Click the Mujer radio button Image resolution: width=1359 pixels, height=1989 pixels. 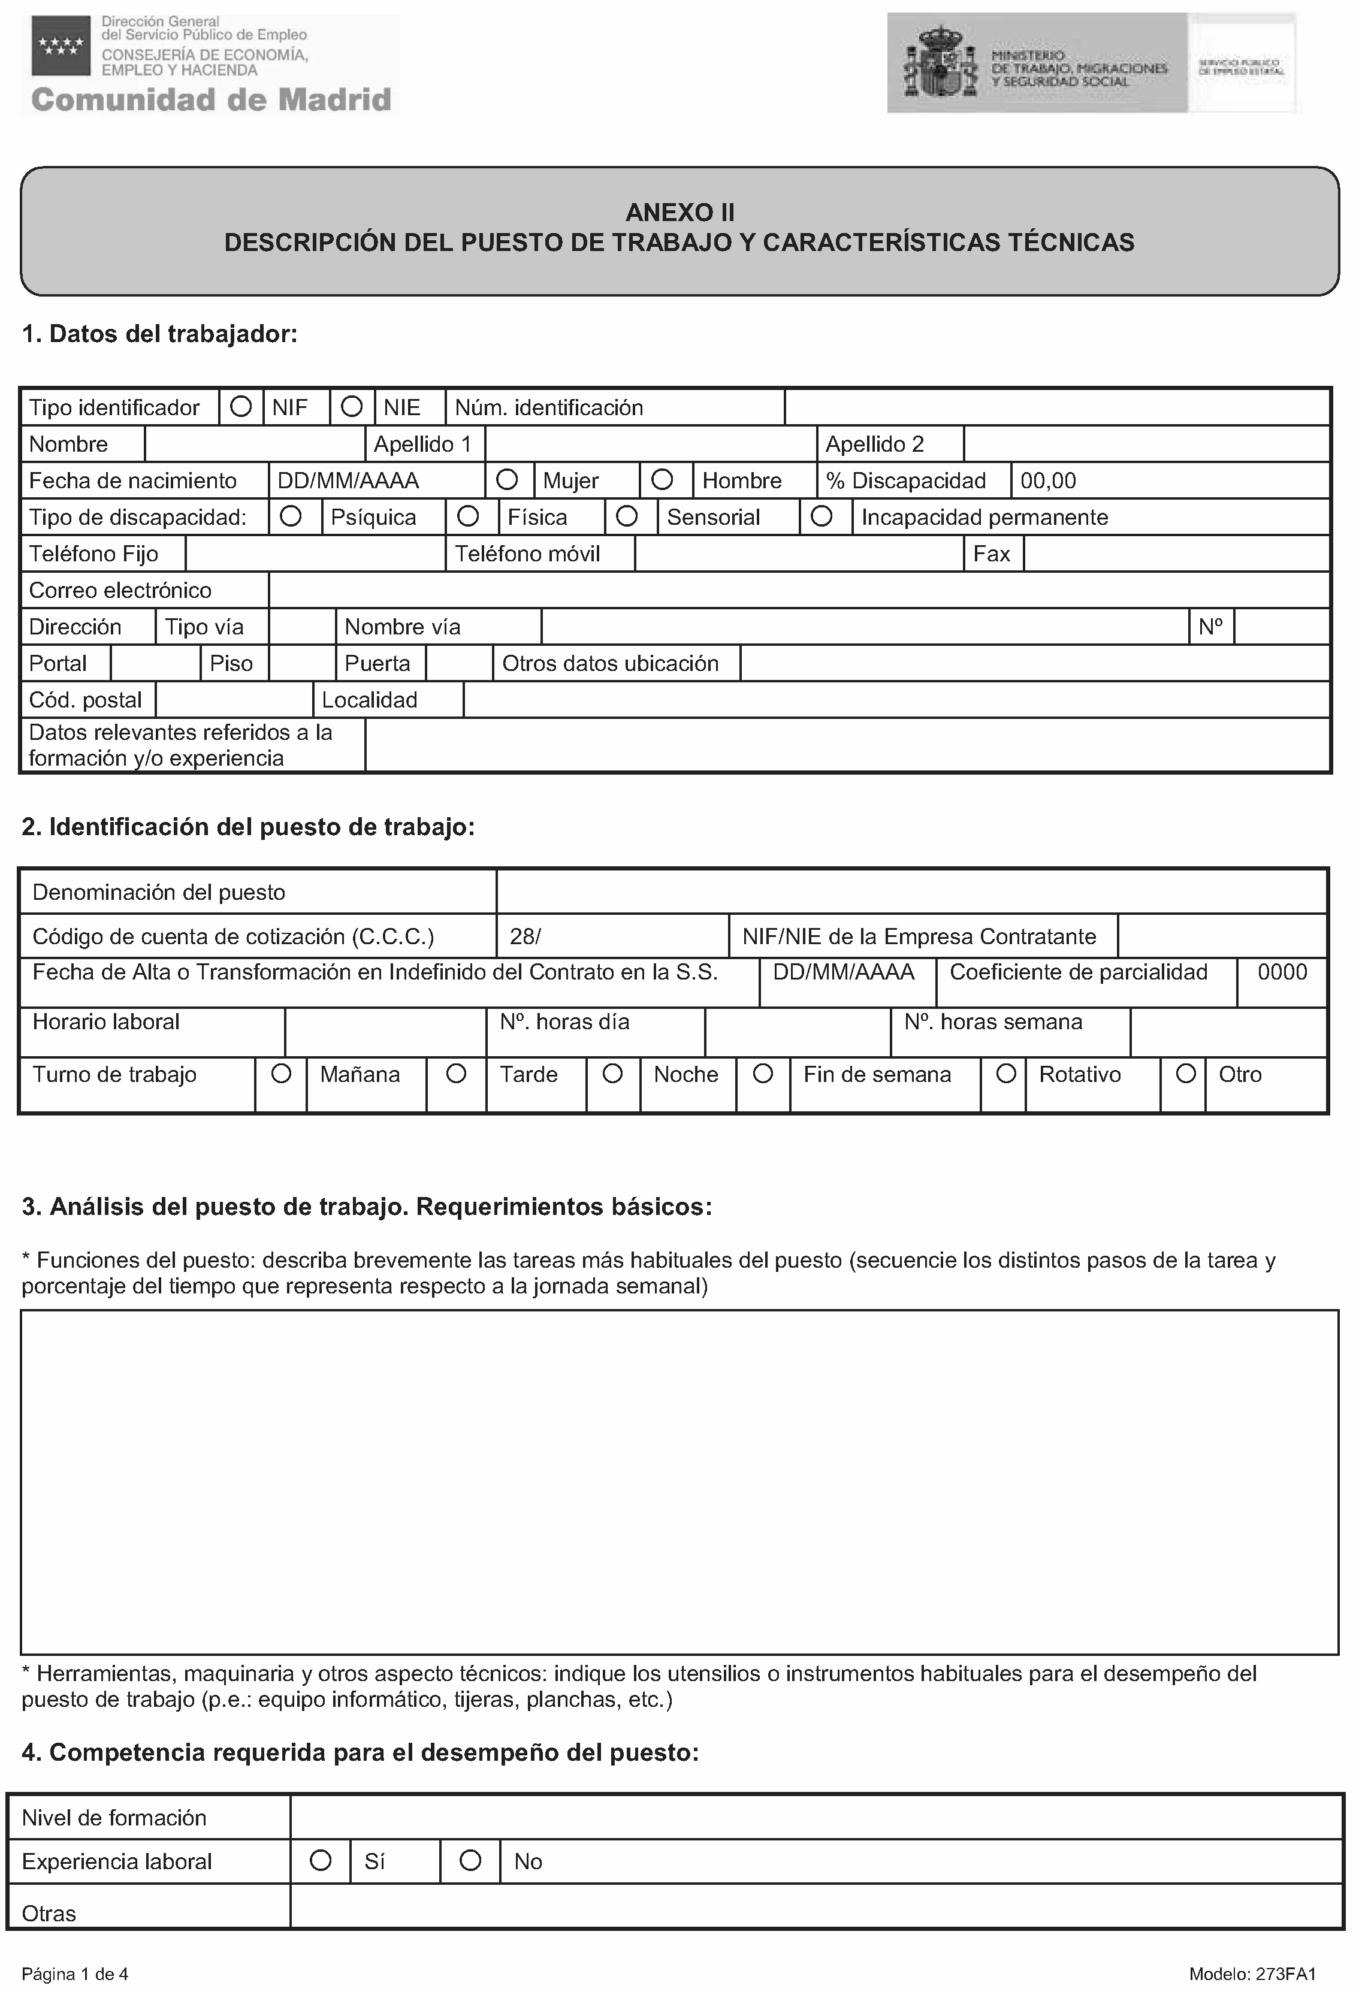(x=508, y=479)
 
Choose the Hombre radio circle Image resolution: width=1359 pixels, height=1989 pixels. (x=662, y=479)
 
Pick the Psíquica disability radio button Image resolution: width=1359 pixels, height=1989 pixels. (x=291, y=516)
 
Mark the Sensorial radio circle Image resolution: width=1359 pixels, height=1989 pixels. (x=627, y=516)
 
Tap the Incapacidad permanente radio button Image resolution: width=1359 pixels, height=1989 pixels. (x=822, y=516)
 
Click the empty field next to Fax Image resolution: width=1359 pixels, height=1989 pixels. (x=1176, y=554)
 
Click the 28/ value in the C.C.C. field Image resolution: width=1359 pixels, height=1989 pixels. (x=526, y=936)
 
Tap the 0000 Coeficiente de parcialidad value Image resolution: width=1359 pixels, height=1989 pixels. (x=1282, y=972)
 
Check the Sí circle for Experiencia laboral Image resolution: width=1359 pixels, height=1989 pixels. (x=321, y=1861)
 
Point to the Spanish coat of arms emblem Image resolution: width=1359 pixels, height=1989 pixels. (x=941, y=62)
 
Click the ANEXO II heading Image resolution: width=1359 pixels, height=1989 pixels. (x=679, y=212)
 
